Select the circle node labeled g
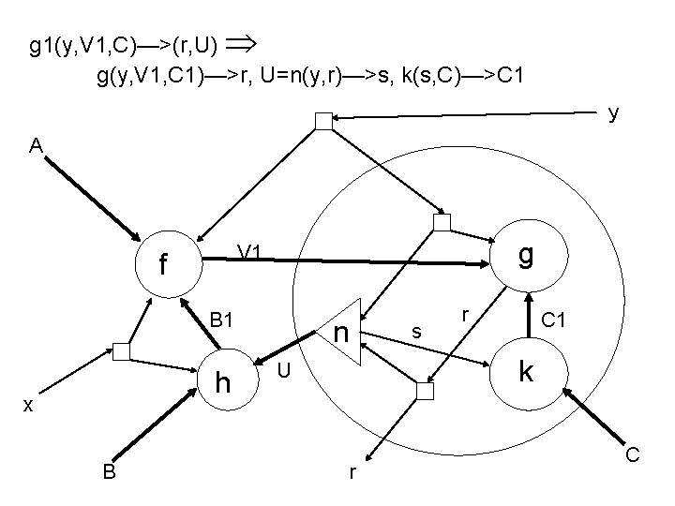click(x=527, y=256)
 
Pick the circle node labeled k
click(x=527, y=374)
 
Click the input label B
click(x=110, y=472)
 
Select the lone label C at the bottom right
click(x=633, y=455)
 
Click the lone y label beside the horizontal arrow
click(x=612, y=113)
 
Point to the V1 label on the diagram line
click(x=250, y=251)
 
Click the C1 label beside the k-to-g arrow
click(x=553, y=320)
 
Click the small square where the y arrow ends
click(x=323, y=120)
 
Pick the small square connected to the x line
click(x=121, y=352)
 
